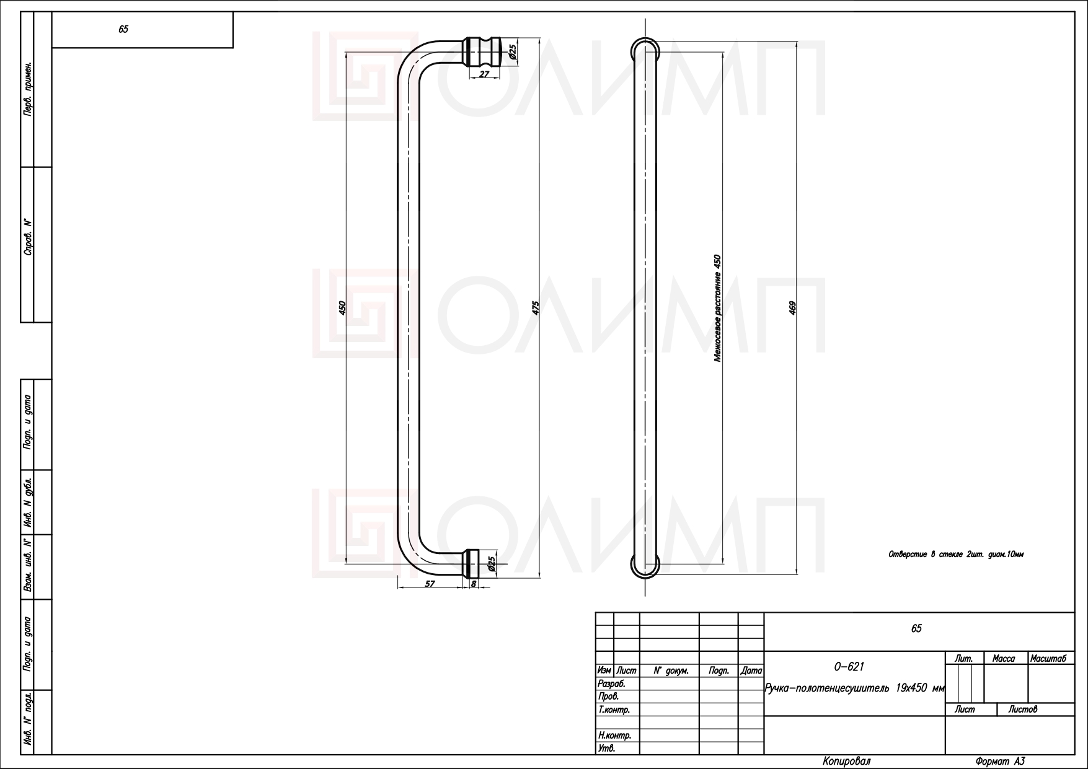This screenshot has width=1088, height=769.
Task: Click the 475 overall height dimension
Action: (536, 308)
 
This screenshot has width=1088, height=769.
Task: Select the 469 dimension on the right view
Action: (792, 308)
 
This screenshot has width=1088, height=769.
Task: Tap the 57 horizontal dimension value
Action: (430, 584)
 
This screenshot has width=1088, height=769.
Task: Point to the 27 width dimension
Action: (484, 74)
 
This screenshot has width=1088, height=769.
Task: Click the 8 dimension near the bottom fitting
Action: (474, 584)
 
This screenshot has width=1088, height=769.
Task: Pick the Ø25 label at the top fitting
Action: (513, 52)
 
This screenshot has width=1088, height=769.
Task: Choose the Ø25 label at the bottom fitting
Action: (492, 563)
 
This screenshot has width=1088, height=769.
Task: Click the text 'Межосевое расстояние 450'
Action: (717, 308)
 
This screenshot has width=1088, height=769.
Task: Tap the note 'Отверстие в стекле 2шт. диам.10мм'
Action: (955, 555)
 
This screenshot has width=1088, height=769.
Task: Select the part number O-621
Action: (849, 667)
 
